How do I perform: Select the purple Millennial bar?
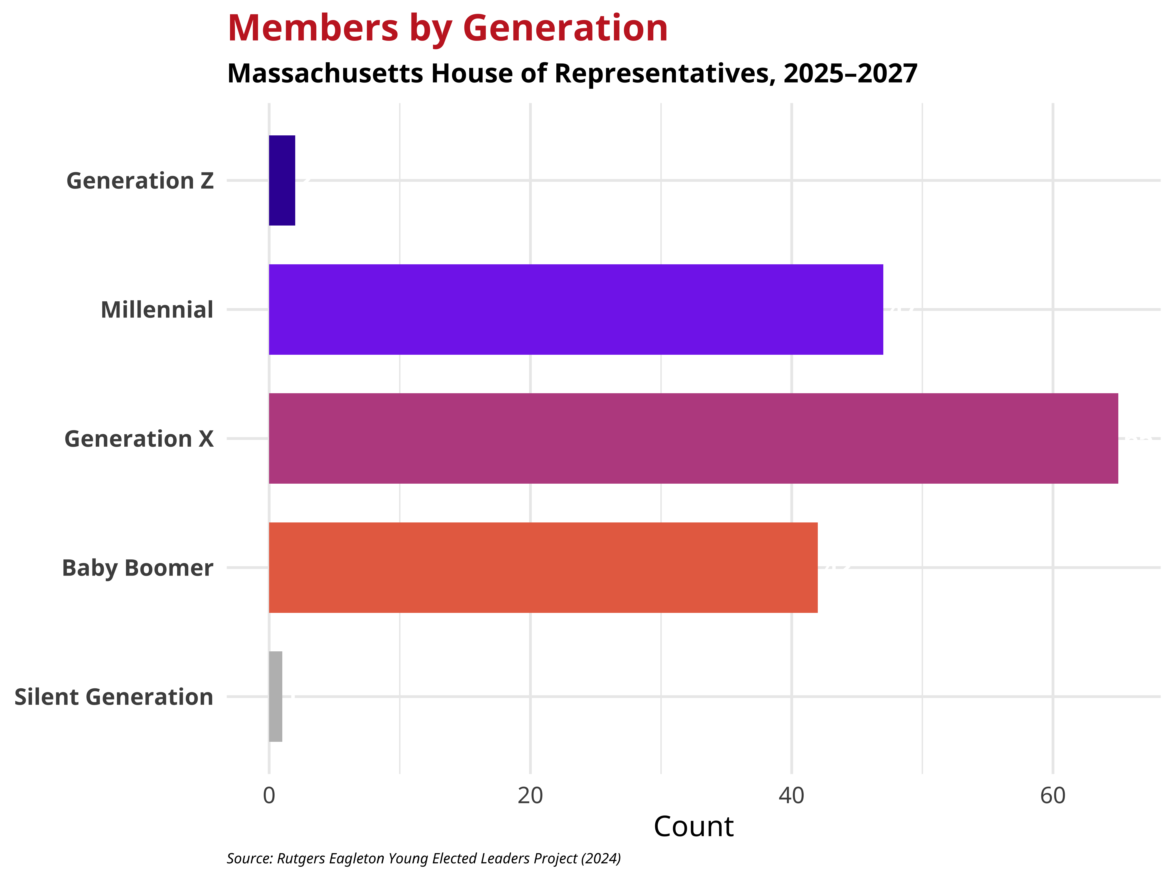coord(576,310)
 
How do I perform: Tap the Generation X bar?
coord(693,439)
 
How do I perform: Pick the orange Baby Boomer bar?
coord(543,568)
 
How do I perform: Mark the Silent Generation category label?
coord(114,697)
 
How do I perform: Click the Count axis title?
coord(693,827)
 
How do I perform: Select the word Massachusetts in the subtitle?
coord(325,73)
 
